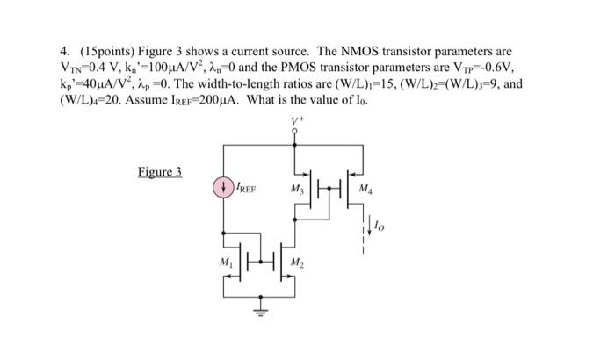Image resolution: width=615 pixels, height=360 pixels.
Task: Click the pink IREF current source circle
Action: pos(222,187)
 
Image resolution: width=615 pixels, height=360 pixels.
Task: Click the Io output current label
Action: pos(380,227)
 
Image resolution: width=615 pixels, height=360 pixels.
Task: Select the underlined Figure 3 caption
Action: pos(159,171)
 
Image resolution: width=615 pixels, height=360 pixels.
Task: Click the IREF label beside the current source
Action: pos(245,187)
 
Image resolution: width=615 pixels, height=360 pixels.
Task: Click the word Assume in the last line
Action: pos(129,100)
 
